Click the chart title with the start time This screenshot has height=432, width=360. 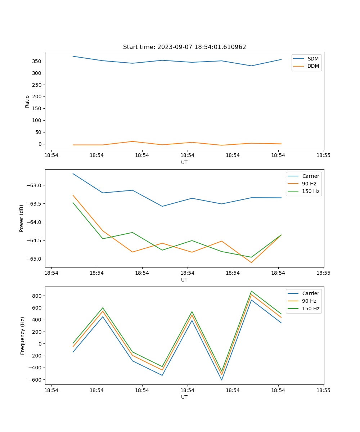pyautogui.click(x=184, y=47)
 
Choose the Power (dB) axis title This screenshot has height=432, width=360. pyautogui.click(x=22, y=218)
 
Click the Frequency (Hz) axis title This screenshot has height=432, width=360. pyautogui.click(x=23, y=336)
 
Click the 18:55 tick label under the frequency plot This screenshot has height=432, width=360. pyautogui.click(x=323, y=390)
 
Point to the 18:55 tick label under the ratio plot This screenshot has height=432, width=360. pyautogui.click(x=323, y=155)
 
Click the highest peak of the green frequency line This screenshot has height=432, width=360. pyautogui.click(x=251, y=291)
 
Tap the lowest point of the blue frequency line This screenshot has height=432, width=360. pyautogui.click(x=221, y=380)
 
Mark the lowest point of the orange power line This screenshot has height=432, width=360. pyautogui.click(x=251, y=262)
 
